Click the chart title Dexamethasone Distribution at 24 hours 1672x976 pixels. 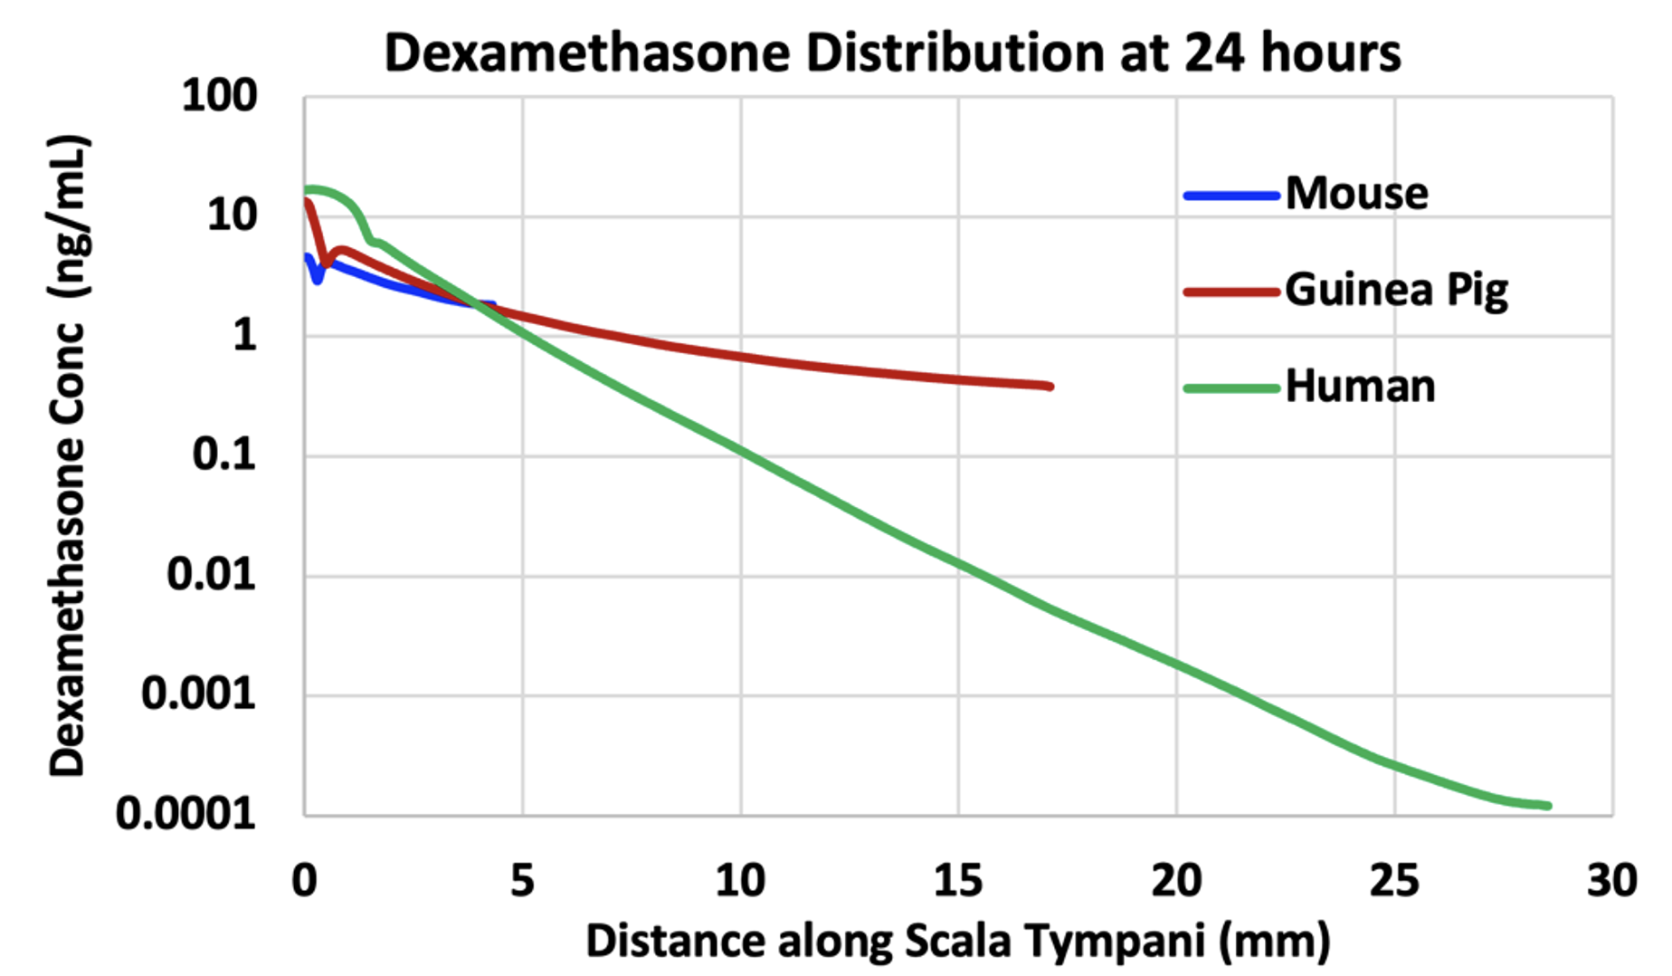[x=892, y=53]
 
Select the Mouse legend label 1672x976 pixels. [x=1356, y=194]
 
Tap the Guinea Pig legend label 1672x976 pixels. [x=1396, y=290]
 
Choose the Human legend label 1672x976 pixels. [x=1360, y=387]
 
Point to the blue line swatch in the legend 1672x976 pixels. [x=1231, y=196]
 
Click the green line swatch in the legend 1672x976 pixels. [x=1231, y=388]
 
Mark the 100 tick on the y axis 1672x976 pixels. [x=220, y=96]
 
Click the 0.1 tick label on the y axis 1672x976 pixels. [x=224, y=455]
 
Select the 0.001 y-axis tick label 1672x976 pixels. [x=199, y=694]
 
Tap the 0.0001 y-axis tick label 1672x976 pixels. [x=186, y=814]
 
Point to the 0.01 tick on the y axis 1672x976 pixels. [x=212, y=575]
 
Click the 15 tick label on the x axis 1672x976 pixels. [x=958, y=880]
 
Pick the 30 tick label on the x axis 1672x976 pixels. [x=1611, y=880]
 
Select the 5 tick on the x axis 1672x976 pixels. [x=522, y=880]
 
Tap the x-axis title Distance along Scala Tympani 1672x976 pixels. [x=957, y=942]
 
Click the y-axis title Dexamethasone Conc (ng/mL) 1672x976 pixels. [x=69, y=455]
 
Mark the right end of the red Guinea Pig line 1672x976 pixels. [x=1050, y=387]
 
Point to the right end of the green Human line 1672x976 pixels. [x=1548, y=805]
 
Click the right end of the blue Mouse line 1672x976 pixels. [x=492, y=305]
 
